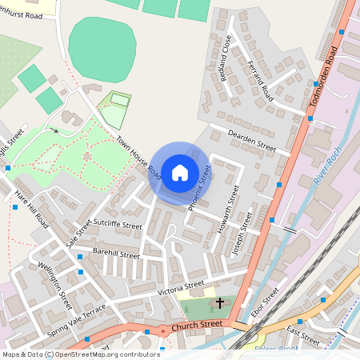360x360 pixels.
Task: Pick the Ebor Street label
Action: [265, 303]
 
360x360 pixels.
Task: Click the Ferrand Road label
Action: [261, 81]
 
